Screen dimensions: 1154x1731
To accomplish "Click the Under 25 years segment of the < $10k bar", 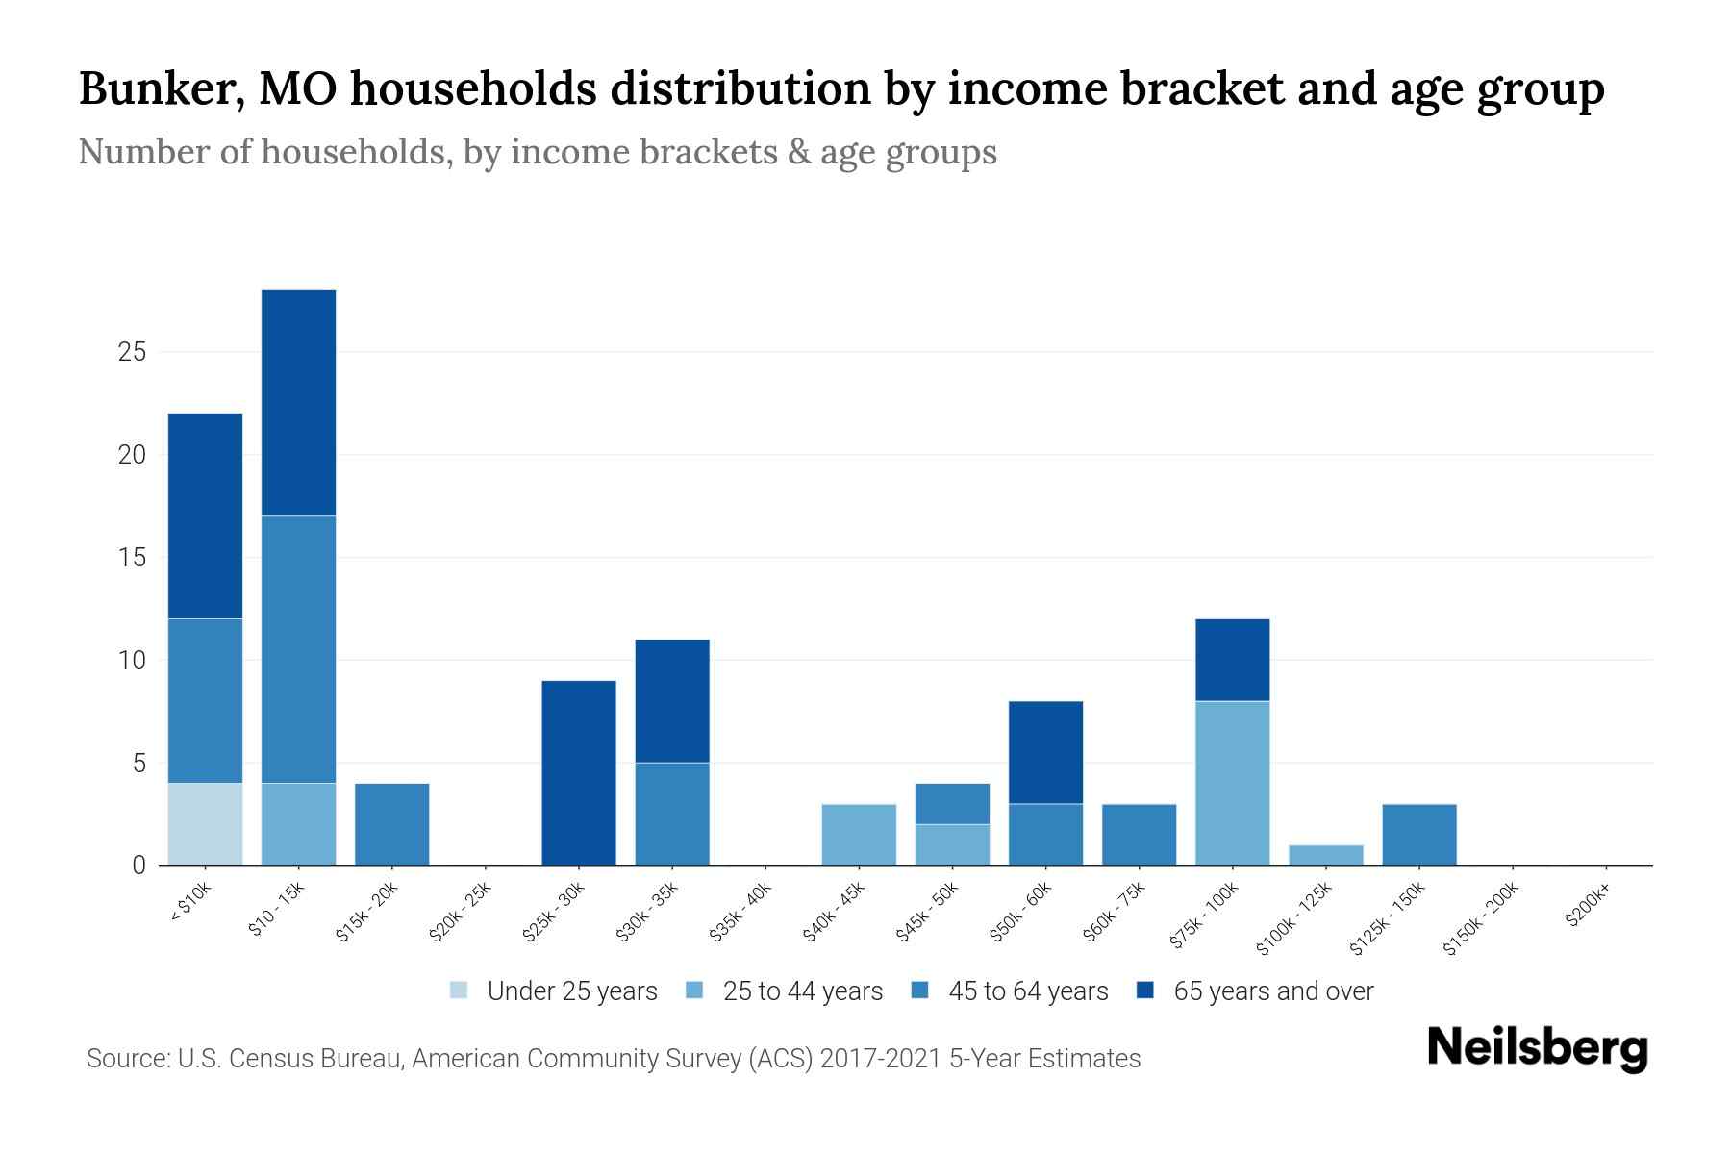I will pos(205,824).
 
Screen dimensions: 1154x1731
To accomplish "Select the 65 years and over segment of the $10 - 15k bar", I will pos(298,403).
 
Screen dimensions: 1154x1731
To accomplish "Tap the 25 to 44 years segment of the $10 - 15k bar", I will pos(298,824).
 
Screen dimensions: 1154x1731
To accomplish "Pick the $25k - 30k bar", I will pos(579,773).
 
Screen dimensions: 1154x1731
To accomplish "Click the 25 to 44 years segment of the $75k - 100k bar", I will pos(1232,783).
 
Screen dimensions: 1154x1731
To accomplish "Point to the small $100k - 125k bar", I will pos(1325,855).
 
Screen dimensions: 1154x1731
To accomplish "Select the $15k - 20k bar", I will pos(391,824).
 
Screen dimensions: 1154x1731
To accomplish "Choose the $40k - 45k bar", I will pos(859,835).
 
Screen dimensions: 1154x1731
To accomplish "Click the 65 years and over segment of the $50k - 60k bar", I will pos(1045,752).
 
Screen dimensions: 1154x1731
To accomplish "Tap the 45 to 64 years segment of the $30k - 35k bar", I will pos(672,814).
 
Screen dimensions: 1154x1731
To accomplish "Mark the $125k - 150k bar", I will pos(1418,835).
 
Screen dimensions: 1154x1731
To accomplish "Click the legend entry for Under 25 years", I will pos(554,991).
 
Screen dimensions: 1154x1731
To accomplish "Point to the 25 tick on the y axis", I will pos(132,352).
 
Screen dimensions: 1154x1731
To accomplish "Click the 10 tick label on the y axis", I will pos(132,661).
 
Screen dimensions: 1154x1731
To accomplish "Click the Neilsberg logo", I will pos(1537,1048).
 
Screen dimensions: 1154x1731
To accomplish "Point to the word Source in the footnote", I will pos(126,1059).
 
